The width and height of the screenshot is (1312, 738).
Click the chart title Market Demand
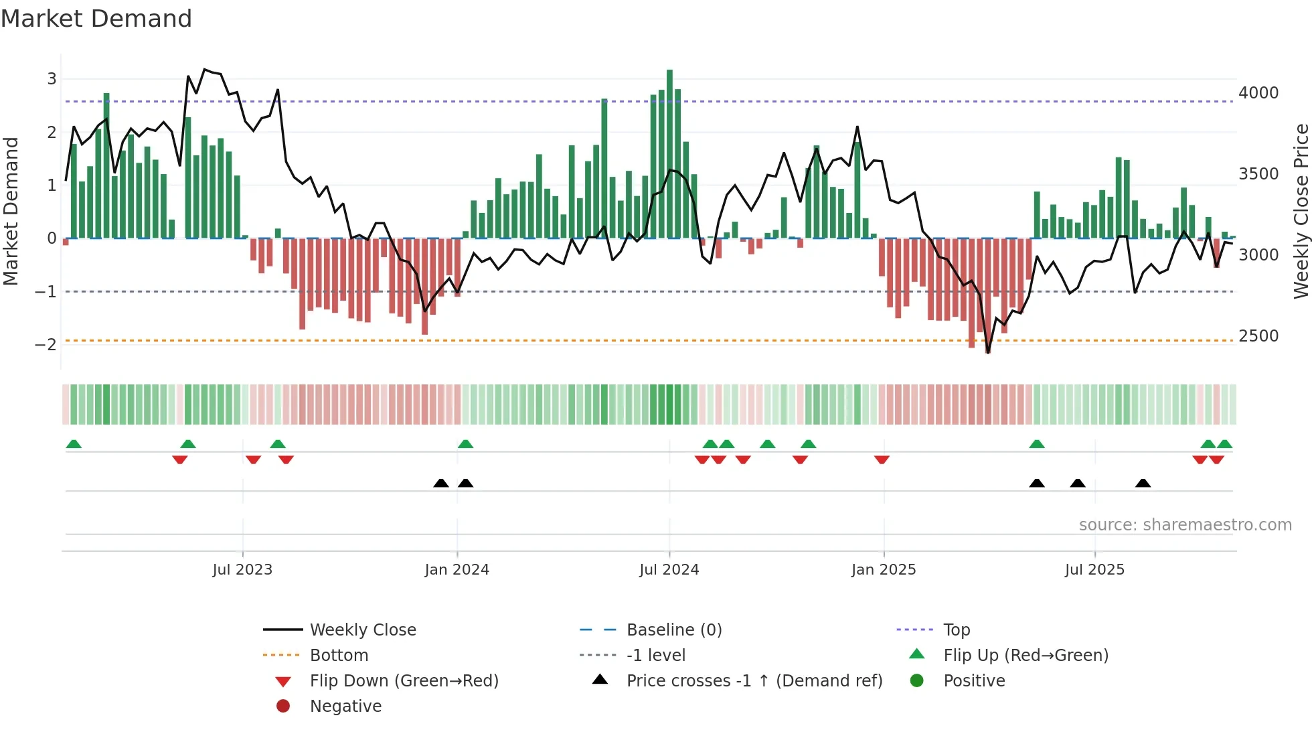96,19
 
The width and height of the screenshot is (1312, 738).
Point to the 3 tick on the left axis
52,79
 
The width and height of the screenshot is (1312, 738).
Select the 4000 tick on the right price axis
1258,93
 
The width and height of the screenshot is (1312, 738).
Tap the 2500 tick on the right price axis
1258,336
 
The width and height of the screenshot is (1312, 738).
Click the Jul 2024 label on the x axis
669,570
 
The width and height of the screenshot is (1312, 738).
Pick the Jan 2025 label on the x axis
884,570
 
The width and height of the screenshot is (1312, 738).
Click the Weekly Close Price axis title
1301,211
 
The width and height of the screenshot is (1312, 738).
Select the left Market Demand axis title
11,211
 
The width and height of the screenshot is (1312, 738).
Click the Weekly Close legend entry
363,630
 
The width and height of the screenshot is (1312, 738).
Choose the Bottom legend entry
339,656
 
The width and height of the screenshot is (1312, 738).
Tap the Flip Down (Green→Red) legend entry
404,681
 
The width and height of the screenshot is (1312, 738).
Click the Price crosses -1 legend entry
754,681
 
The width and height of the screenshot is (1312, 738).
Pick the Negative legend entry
345,707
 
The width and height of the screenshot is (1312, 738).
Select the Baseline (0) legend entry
674,630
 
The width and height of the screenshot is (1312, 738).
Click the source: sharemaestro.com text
1185,525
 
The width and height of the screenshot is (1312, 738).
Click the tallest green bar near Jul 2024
669,154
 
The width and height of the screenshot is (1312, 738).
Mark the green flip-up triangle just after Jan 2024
465,444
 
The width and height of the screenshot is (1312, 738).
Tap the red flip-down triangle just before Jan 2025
882,459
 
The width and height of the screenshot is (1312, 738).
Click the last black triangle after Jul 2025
1143,483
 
